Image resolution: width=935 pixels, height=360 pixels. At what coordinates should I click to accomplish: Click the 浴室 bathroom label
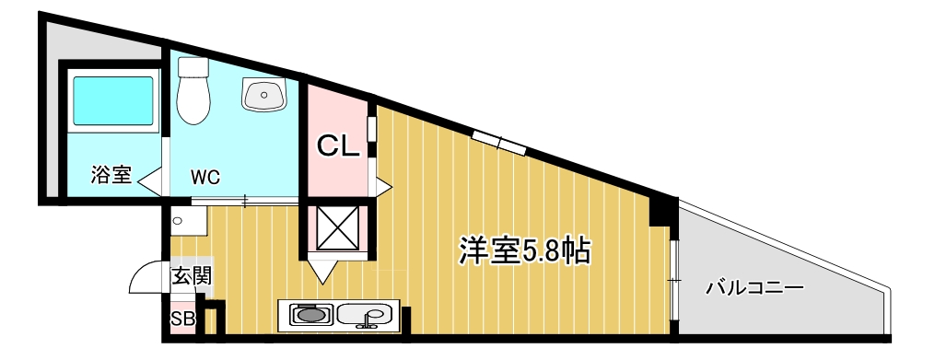pyautogui.click(x=111, y=175)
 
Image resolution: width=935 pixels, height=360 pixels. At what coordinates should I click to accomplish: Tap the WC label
pyautogui.click(x=205, y=177)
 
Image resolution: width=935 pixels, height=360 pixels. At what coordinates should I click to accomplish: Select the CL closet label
pyautogui.click(x=338, y=145)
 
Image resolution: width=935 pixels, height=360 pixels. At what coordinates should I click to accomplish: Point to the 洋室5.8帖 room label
pyautogui.click(x=524, y=250)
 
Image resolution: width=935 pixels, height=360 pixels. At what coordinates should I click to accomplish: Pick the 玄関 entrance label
pyautogui.click(x=193, y=274)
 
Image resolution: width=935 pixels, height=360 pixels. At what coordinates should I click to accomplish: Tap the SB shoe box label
pyautogui.click(x=181, y=319)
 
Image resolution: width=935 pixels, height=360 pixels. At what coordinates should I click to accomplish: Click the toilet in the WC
pyautogui.click(x=193, y=91)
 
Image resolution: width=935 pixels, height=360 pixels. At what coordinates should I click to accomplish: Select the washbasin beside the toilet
pyautogui.click(x=263, y=93)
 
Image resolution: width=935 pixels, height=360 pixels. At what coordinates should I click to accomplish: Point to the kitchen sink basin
pyautogui.click(x=365, y=316)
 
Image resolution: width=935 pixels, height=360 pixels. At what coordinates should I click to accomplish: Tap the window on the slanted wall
pyautogui.click(x=498, y=142)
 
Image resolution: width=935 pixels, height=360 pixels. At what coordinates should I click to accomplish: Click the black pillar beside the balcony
pyautogui.click(x=660, y=211)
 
